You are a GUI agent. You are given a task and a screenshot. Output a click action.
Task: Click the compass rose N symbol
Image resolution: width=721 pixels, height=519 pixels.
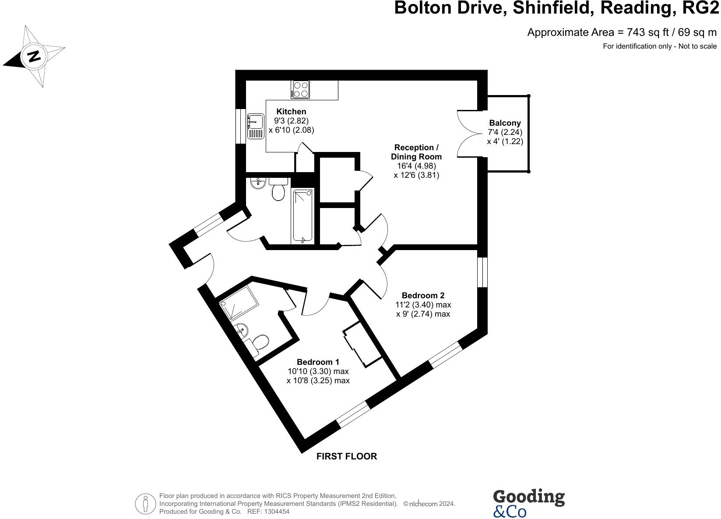pos(34,56)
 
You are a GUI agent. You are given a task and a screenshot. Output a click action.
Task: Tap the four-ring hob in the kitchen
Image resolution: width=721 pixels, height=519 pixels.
pos(300,89)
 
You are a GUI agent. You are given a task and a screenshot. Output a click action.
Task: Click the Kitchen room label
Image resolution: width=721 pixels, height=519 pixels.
pos(291,112)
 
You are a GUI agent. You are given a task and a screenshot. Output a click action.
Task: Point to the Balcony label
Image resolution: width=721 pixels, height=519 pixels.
pos(505,123)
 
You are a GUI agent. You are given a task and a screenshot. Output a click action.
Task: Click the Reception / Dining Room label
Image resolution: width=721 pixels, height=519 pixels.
pos(416,152)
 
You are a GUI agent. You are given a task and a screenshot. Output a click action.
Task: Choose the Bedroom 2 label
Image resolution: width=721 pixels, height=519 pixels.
pos(423,295)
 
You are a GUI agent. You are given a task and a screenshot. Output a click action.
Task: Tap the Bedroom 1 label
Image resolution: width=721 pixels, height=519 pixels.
pos(318,362)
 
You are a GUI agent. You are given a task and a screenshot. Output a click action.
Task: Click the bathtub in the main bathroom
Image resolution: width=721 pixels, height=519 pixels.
pos(303,215)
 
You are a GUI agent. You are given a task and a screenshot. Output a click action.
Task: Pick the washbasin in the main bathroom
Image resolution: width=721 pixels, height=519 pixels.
pos(258,182)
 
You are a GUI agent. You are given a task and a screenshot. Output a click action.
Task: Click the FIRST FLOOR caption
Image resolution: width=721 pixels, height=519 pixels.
pos(346,456)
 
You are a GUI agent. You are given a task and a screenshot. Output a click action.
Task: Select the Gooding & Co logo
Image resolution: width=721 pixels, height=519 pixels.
pos(528,504)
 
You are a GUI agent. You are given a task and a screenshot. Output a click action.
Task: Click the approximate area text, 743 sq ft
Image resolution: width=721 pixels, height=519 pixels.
pos(622,32)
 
